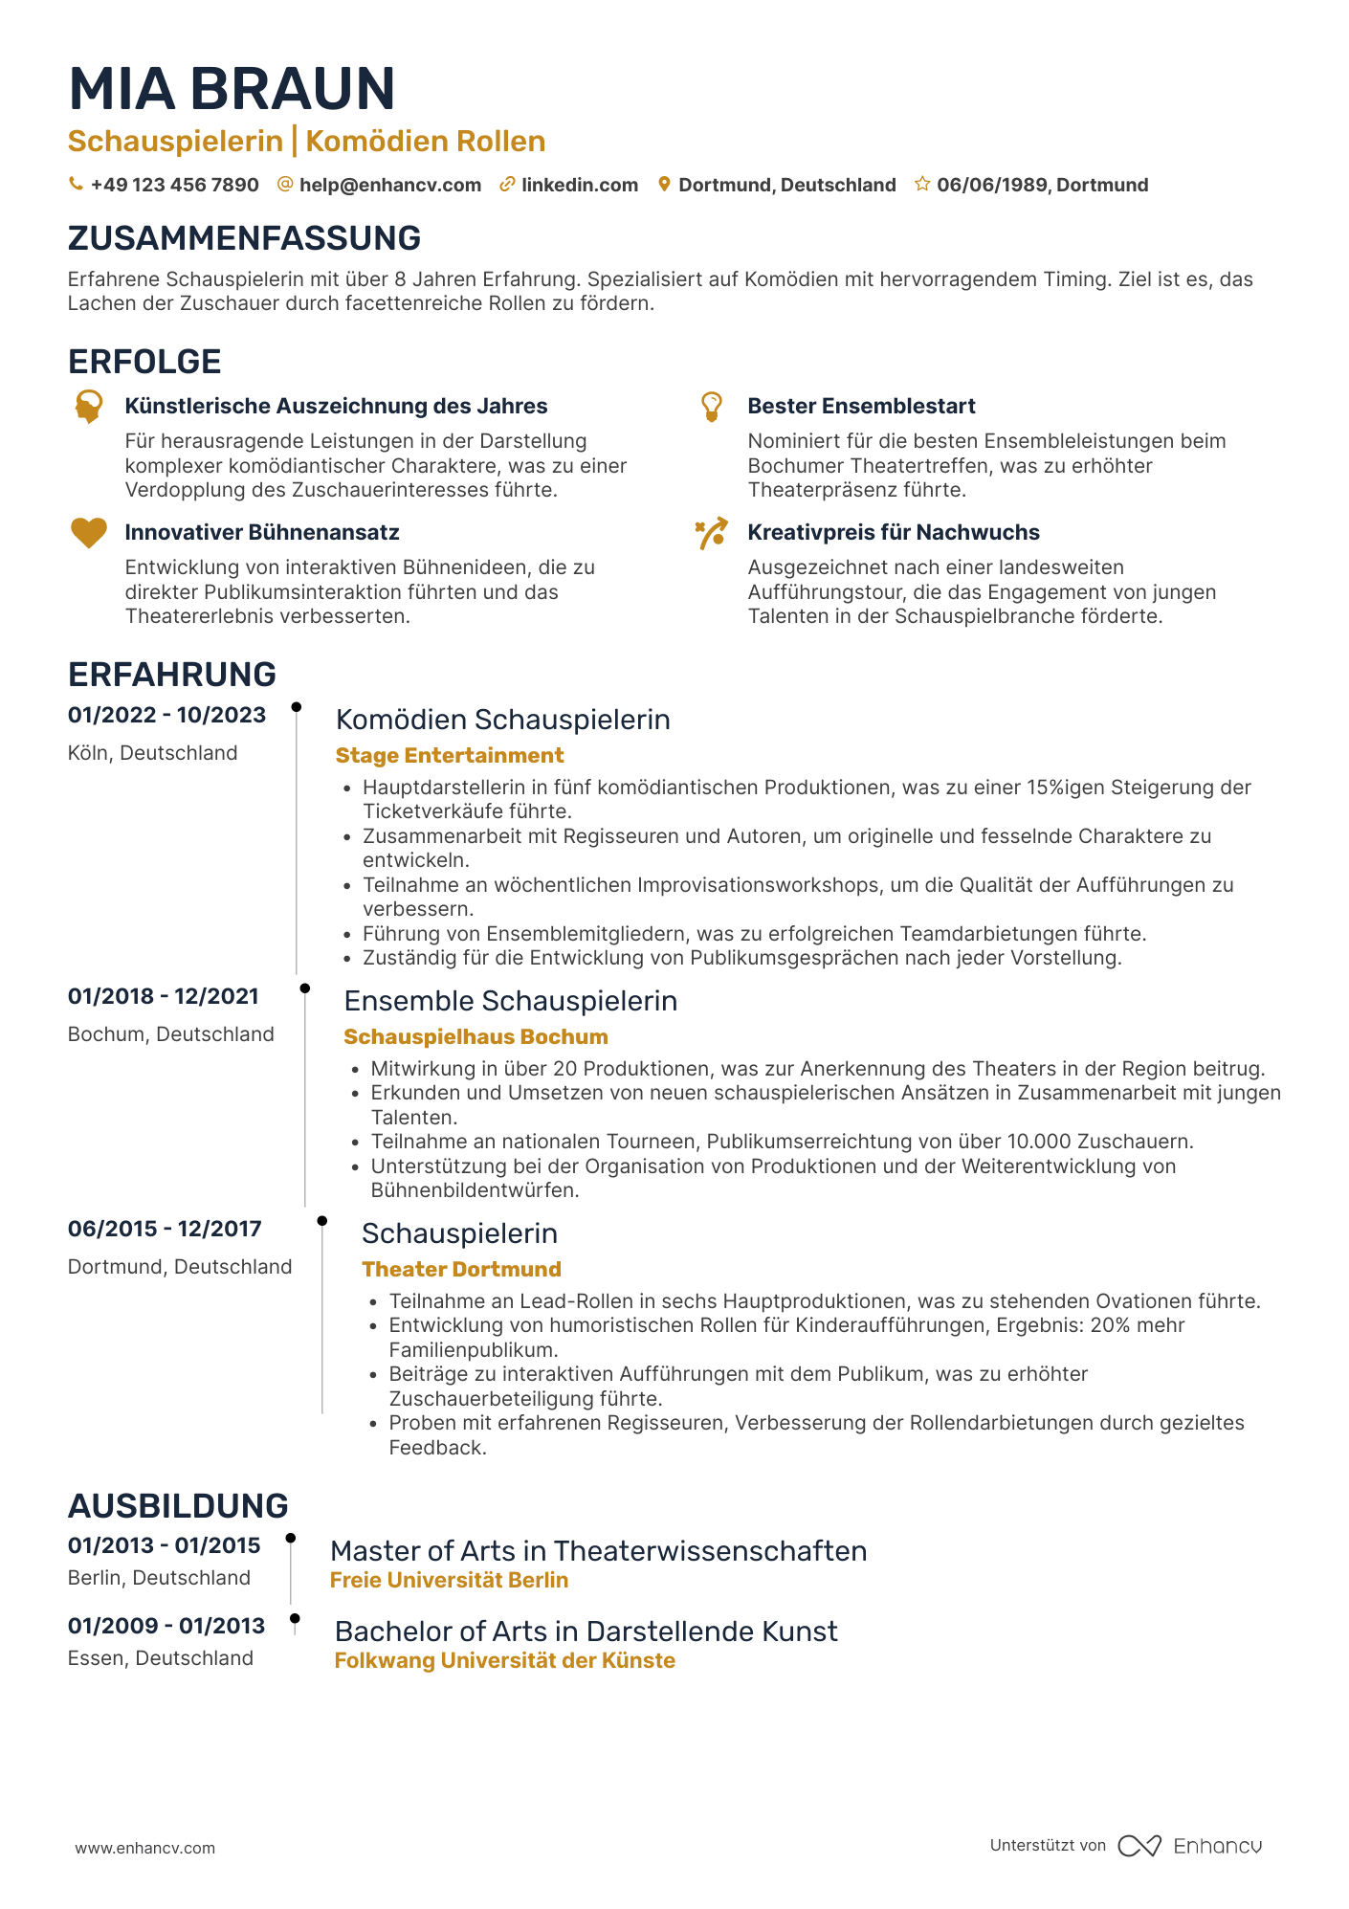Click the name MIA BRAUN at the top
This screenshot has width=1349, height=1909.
click(x=232, y=89)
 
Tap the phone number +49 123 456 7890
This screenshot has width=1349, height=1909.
click(x=174, y=185)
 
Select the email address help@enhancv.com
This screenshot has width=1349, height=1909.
click(x=389, y=185)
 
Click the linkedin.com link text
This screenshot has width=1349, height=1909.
click(x=579, y=185)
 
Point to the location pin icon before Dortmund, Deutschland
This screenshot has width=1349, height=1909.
click(x=664, y=185)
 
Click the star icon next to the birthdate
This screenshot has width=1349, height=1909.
click(x=922, y=184)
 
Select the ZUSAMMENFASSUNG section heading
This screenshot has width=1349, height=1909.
click(x=244, y=238)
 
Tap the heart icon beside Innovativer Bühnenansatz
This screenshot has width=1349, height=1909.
click(x=89, y=532)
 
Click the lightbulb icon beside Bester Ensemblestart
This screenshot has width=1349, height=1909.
click(x=711, y=406)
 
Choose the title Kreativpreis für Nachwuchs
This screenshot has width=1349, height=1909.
click(x=893, y=532)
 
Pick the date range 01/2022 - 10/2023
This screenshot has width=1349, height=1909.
click(x=166, y=715)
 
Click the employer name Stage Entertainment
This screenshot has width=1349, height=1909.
click(x=449, y=755)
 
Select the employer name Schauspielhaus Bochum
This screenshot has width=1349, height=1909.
click(x=475, y=1036)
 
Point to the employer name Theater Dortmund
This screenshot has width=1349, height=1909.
click(x=461, y=1269)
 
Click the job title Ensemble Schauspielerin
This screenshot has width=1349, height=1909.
click(x=510, y=1001)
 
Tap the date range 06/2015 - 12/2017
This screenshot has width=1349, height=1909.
click(x=165, y=1229)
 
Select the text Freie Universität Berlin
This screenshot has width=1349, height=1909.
click(x=449, y=1580)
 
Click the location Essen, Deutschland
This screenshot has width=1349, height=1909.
click(x=160, y=1657)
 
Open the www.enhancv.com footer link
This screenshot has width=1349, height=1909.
click(x=144, y=1848)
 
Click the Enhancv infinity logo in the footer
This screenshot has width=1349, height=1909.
click(x=1139, y=1846)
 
